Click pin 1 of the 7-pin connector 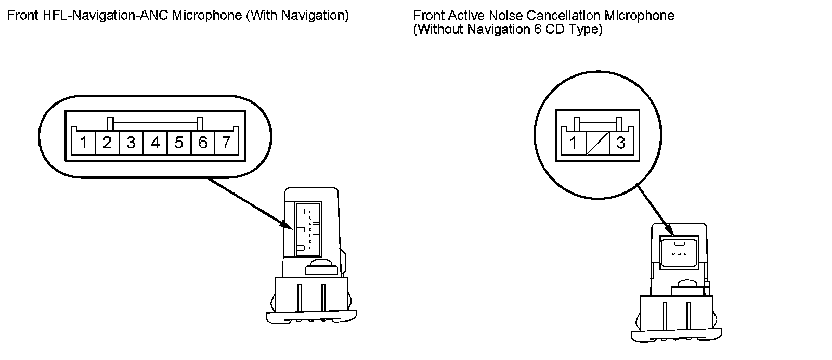pyautogui.click(x=84, y=142)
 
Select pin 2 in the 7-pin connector pyautogui.click(x=107, y=142)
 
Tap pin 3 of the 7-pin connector pyautogui.click(x=131, y=142)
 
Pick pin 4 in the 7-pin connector pyautogui.click(x=155, y=142)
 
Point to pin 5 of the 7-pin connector pyautogui.click(x=179, y=142)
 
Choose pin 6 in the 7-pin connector pyautogui.click(x=203, y=142)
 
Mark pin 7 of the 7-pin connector pyautogui.click(x=226, y=142)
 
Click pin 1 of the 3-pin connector pyautogui.click(x=574, y=143)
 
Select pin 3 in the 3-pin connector pyautogui.click(x=620, y=143)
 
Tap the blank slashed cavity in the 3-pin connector pyautogui.click(x=597, y=143)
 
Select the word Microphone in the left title pyautogui.click(x=206, y=16)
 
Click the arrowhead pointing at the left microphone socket pyautogui.click(x=287, y=225)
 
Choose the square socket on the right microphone pyautogui.click(x=678, y=253)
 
